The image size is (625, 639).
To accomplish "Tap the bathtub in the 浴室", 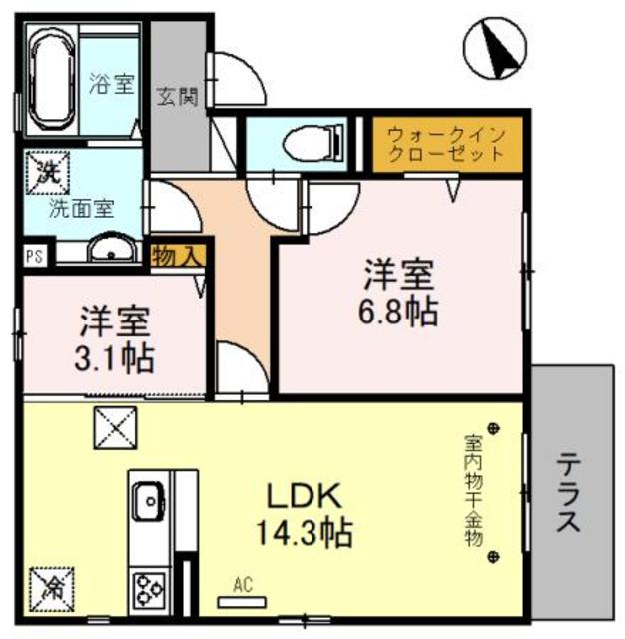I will [49, 80].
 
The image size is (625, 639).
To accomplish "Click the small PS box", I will [33, 254].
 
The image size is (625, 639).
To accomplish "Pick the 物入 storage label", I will [178, 256].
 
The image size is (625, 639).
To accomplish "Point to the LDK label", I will [304, 495].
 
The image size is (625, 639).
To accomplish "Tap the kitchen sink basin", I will [148, 497].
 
